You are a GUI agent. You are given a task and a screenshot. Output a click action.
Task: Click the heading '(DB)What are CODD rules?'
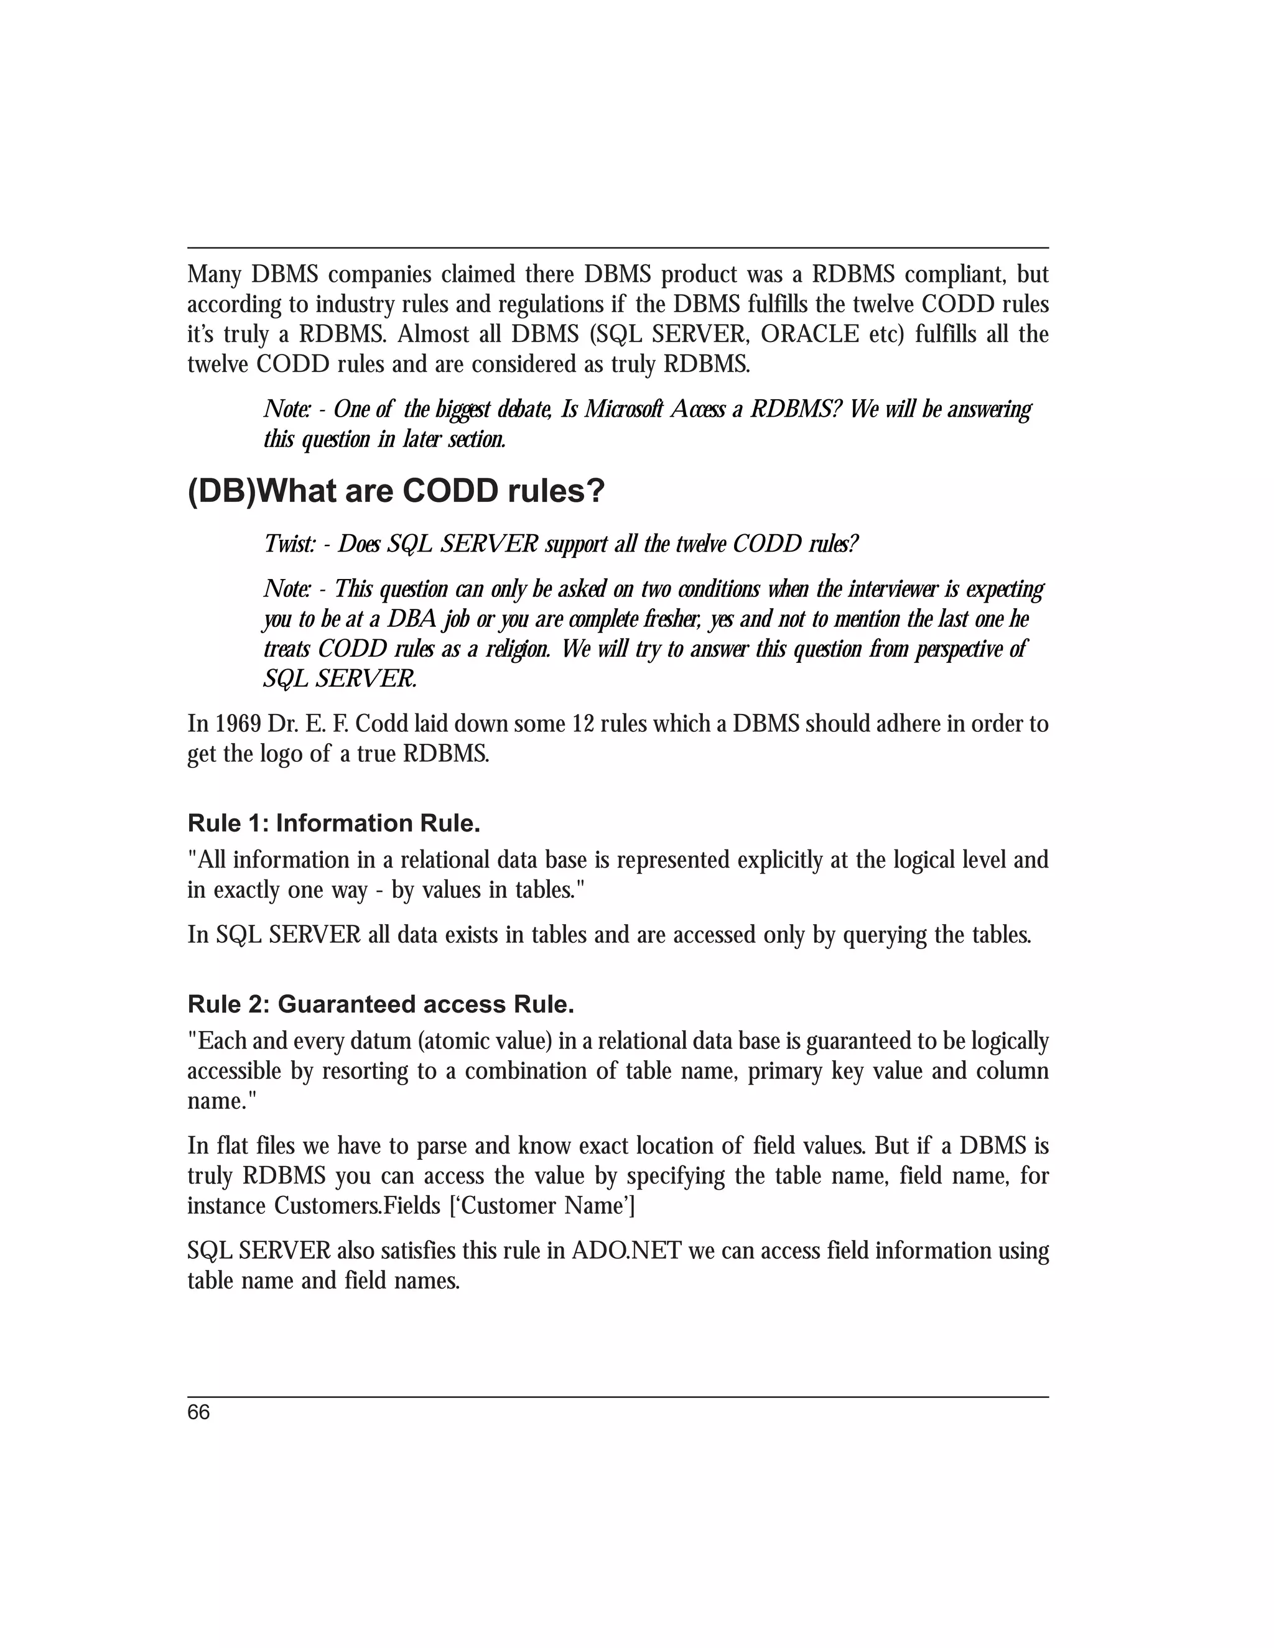pyautogui.click(x=396, y=492)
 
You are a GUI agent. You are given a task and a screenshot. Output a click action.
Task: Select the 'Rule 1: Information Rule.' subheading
pyautogui.click(x=333, y=823)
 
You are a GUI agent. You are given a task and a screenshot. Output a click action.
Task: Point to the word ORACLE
pyautogui.click(x=809, y=335)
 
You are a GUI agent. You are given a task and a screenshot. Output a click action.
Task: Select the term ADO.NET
pyautogui.click(x=626, y=1251)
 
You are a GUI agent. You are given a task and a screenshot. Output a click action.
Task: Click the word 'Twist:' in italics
pyautogui.click(x=289, y=544)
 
